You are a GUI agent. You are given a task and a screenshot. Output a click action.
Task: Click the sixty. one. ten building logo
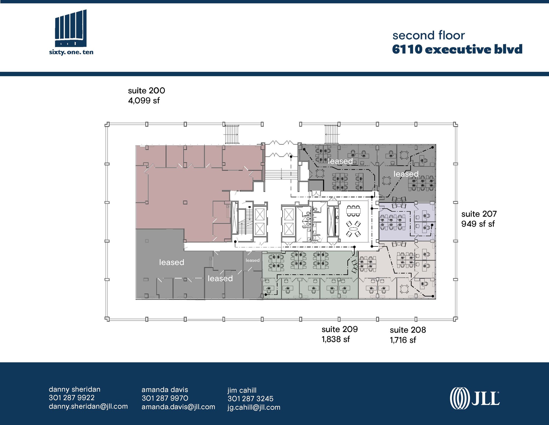(x=71, y=32)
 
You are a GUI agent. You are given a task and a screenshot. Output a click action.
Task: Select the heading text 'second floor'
(x=428, y=35)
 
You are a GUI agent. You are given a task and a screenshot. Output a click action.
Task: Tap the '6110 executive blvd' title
(x=457, y=49)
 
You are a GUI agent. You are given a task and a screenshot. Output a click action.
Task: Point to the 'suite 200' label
(x=146, y=90)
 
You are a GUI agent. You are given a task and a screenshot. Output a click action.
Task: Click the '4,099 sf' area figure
(x=144, y=101)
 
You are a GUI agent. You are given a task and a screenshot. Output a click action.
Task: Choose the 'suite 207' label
(x=479, y=214)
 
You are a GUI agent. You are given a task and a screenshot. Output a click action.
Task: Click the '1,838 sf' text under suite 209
(x=336, y=339)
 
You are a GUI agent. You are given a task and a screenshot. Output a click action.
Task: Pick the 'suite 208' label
(x=407, y=330)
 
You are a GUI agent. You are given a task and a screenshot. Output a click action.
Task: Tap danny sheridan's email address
(x=88, y=406)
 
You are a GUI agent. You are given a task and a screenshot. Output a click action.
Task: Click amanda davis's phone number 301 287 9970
(x=165, y=398)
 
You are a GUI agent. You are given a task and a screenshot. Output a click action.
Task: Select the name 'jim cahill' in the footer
(x=242, y=390)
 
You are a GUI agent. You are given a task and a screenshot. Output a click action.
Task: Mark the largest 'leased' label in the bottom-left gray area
(x=172, y=262)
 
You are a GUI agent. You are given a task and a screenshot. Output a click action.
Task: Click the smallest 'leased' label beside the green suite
(x=253, y=260)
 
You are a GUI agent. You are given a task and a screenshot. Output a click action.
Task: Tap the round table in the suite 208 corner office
(x=404, y=289)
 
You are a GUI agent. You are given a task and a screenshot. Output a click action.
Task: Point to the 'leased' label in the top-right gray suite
(x=406, y=174)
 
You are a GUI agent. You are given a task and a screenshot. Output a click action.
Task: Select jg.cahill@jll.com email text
(x=254, y=407)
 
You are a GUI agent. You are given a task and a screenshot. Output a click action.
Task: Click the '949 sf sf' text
(x=478, y=224)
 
